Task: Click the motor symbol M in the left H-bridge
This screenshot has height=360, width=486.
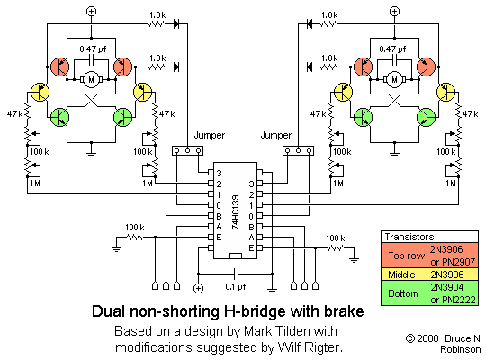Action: click(x=90, y=79)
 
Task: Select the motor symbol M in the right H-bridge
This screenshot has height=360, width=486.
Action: click(x=393, y=79)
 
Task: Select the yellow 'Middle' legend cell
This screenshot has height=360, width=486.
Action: click(x=402, y=274)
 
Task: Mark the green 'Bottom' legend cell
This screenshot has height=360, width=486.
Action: click(x=402, y=293)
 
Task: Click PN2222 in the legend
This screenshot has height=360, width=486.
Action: click(x=452, y=300)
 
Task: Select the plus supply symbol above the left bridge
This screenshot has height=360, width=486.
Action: click(x=90, y=11)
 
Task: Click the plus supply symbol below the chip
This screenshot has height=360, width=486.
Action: click(x=199, y=290)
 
